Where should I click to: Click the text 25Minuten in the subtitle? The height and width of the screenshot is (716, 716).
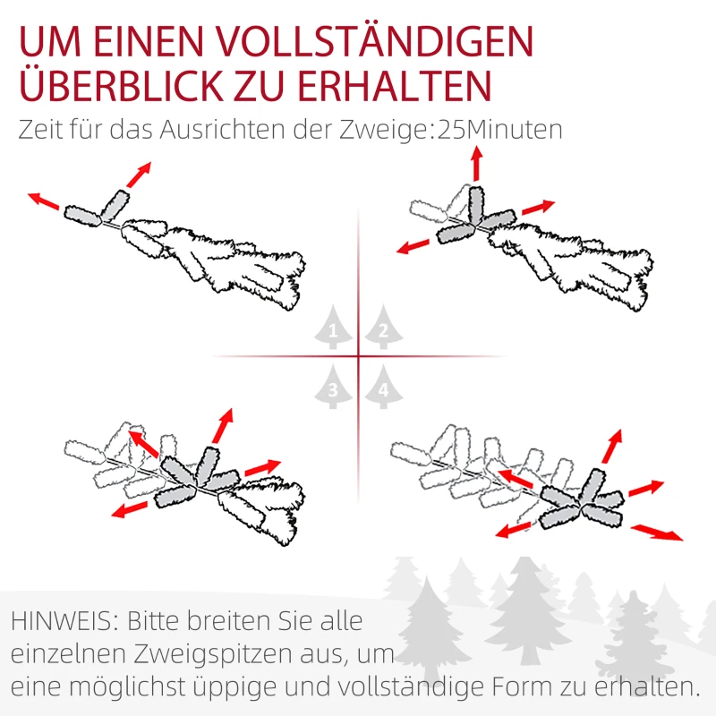pyautogui.click(x=498, y=129)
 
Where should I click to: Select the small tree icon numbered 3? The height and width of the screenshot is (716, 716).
pyautogui.click(x=334, y=388)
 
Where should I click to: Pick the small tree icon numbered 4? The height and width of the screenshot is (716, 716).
pyautogui.click(x=383, y=388)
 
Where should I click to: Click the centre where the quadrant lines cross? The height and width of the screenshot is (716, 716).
pyautogui.click(x=359, y=357)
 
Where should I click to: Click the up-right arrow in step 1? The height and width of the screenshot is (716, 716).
pyautogui.click(x=139, y=175)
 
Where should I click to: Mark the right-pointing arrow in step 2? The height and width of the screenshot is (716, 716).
pyautogui.click(x=538, y=208)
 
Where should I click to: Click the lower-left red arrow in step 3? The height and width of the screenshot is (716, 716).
pyautogui.click(x=130, y=509)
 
